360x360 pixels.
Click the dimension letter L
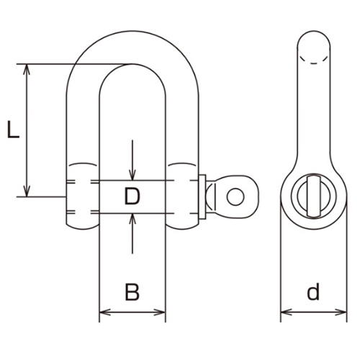(x=12, y=130)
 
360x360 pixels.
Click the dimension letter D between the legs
(x=131, y=197)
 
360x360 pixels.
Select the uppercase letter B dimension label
(x=132, y=292)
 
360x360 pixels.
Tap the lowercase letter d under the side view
(x=312, y=292)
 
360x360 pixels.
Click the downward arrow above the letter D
(x=132, y=174)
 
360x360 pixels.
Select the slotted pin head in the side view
(x=311, y=196)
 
